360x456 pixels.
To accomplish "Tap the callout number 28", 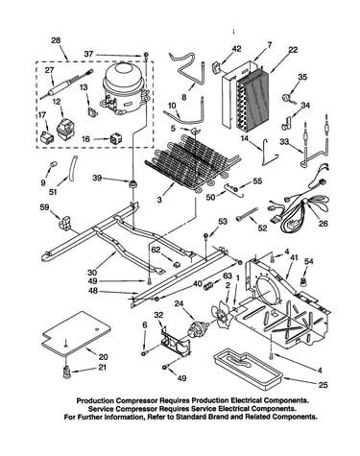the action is pos(56,41).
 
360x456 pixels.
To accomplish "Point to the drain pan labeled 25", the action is pos(247,371).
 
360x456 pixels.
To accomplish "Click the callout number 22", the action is pos(293,50).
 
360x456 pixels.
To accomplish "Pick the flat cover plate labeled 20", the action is pos(77,333).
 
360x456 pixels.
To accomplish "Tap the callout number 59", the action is pos(44,207).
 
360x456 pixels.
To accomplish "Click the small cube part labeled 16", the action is pos(115,138).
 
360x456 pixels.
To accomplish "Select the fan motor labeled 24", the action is pos(198,329).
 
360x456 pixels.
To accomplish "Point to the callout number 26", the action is pos(324,223).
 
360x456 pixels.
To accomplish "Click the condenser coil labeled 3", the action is pos(191,160).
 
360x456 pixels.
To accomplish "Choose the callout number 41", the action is pos(294,256).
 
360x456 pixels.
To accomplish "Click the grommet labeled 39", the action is pos(132,184).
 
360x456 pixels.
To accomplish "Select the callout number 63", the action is pos(227,275).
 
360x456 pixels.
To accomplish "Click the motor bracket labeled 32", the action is pos(176,343).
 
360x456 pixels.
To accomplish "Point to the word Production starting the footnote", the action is pos(95,400).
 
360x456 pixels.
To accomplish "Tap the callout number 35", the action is pos(302,77).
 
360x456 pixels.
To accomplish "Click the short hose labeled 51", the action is pos(72,167).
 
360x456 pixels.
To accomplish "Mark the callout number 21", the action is pos(102,367).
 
